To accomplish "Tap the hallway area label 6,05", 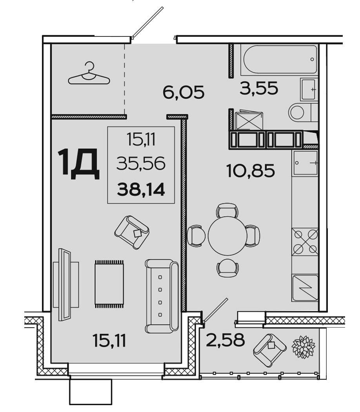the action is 184,92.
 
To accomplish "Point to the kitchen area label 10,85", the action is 251,170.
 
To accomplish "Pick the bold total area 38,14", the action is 141,190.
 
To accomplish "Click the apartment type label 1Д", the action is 79,164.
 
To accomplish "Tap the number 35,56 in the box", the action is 141,163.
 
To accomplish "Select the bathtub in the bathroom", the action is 280,59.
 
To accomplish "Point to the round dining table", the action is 227,236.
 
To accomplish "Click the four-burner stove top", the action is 305,242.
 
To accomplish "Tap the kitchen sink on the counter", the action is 305,163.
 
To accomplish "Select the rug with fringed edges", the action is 109,284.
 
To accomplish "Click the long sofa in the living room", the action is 162,296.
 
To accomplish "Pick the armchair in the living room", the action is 132,232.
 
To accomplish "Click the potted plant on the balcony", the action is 304,346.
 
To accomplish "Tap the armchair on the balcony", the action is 270,350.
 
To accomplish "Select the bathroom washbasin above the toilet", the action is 308,89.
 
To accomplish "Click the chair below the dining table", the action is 228,268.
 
